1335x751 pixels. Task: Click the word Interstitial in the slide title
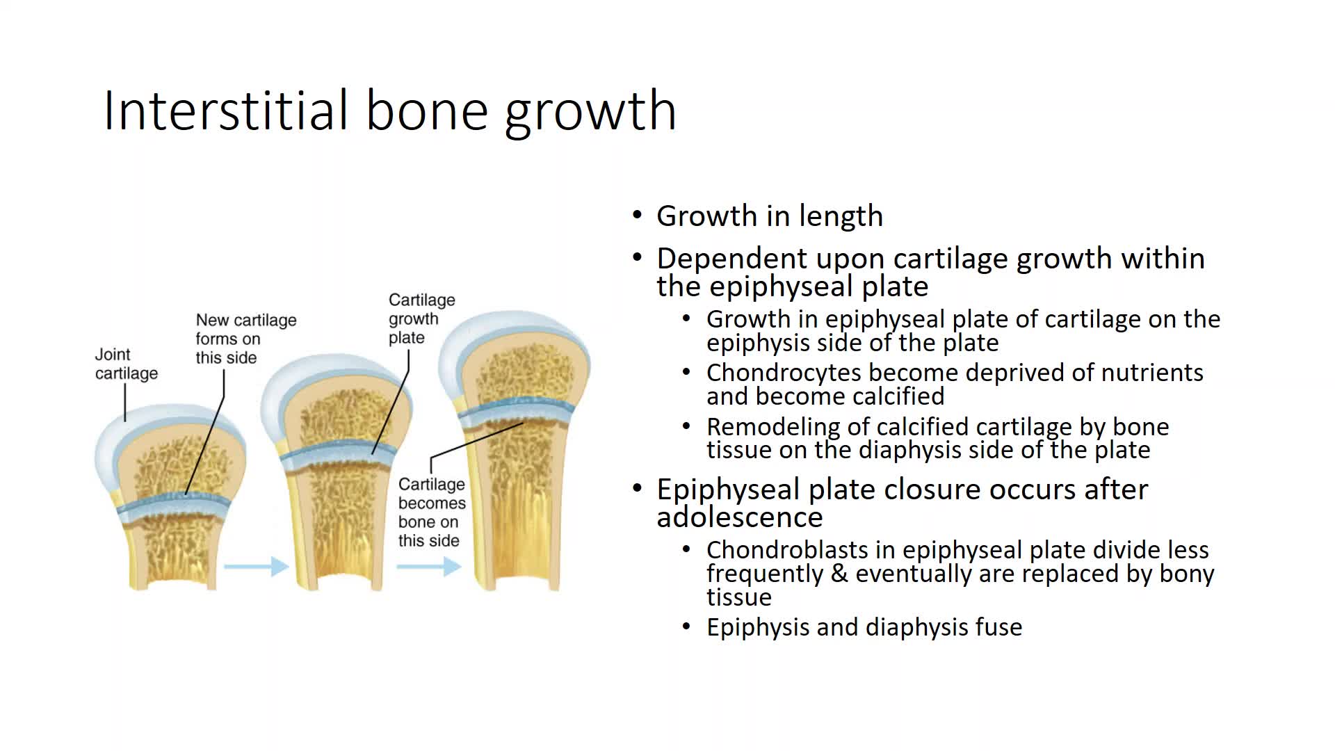[226, 110]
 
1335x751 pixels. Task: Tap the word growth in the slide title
[590, 111]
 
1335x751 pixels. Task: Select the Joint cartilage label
[126, 364]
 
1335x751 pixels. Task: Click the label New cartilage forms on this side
[245, 339]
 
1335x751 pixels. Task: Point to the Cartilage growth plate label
[421, 318]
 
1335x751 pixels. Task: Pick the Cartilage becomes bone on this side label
[432, 512]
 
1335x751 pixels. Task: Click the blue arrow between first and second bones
[256, 567]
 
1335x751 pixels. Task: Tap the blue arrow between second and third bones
[429, 567]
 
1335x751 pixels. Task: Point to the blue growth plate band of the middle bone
[339, 453]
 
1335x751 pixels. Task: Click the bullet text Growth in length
[770, 216]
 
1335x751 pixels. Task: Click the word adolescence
[740, 517]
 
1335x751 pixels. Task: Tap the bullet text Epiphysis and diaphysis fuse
[864, 627]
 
